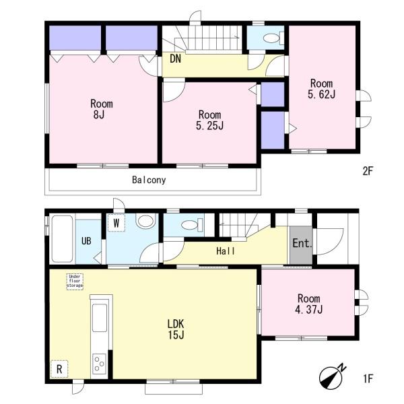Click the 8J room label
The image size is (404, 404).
pyautogui.click(x=102, y=109)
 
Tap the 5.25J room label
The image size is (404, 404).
pyautogui.click(x=209, y=120)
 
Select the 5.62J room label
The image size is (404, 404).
pyautogui.click(x=322, y=89)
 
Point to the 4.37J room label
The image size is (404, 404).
pyautogui.click(x=308, y=304)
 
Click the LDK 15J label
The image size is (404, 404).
pyautogui.click(x=176, y=329)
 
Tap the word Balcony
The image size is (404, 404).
pyautogui.click(x=149, y=180)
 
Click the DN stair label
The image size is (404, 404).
pyautogui.click(x=175, y=59)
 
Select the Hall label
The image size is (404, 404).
pyautogui.click(x=226, y=251)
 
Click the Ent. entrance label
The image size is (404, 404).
pyautogui.click(x=302, y=243)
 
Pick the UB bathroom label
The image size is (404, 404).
pyautogui.click(x=86, y=241)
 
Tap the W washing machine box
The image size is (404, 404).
pyautogui.click(x=116, y=223)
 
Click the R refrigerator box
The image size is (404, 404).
pyautogui.click(x=59, y=369)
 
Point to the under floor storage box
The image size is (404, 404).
pyautogui.click(x=75, y=281)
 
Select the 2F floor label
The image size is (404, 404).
pyautogui.click(x=368, y=171)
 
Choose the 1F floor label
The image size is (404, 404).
pyautogui.click(x=368, y=378)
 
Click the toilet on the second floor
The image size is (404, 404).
pyautogui.click(x=273, y=38)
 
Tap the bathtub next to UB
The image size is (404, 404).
pyautogui.click(x=62, y=239)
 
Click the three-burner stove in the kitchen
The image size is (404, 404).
pyautogui.click(x=100, y=364)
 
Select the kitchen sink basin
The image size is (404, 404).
pyautogui.click(x=100, y=318)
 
